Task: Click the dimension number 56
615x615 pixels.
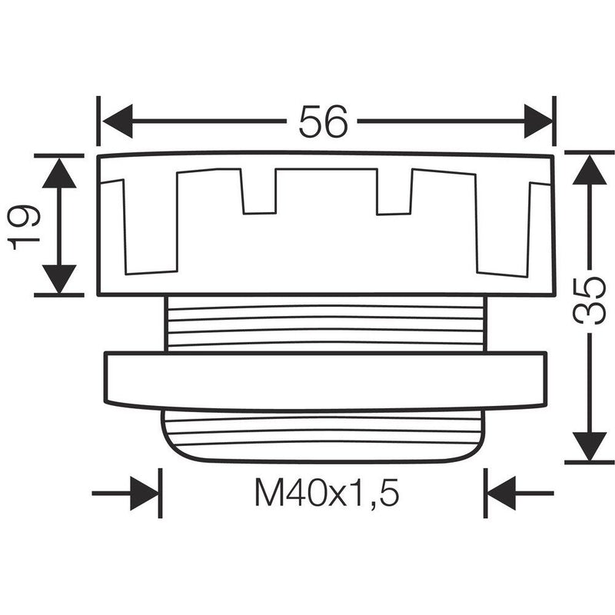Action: click(323, 121)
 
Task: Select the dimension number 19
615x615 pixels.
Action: click(25, 228)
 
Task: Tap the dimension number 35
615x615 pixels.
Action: click(589, 301)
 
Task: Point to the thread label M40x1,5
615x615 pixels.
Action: click(327, 493)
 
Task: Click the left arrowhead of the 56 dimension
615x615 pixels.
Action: click(118, 121)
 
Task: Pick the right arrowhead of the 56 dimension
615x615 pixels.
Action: click(539, 121)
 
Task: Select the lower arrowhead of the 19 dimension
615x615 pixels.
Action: click(59, 279)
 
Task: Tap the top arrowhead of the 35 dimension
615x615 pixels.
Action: click(590, 169)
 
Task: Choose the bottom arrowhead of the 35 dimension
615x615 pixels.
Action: click(590, 447)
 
